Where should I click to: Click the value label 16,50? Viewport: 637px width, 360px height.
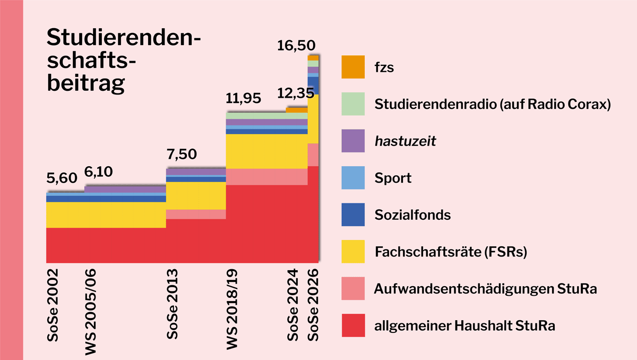point(296,46)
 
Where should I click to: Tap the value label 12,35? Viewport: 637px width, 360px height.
point(296,93)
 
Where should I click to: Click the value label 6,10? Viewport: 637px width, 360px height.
point(99,173)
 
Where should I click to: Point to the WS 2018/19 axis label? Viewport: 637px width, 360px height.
point(233,313)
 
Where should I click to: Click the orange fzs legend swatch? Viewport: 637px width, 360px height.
point(353,67)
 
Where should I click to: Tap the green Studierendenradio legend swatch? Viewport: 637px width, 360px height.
point(353,104)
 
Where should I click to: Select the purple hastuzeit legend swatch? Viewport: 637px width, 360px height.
point(353,141)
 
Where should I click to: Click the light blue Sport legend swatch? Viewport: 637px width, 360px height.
point(353,178)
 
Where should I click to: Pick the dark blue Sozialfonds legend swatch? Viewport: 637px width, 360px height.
point(353,215)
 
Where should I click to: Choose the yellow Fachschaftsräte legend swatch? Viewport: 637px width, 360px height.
point(353,252)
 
